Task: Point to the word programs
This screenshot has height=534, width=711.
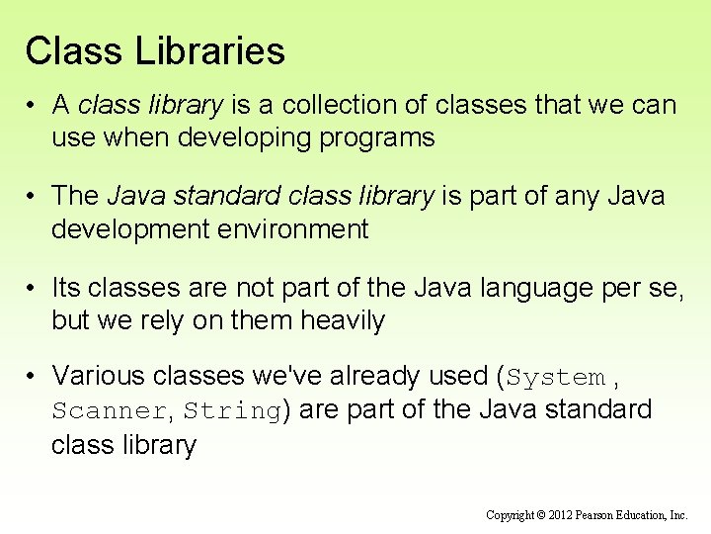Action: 384,137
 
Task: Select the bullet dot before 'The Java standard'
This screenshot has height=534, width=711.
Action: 33,197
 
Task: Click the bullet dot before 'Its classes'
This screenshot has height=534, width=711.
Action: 33,288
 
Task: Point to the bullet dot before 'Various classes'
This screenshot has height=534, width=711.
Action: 33,376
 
